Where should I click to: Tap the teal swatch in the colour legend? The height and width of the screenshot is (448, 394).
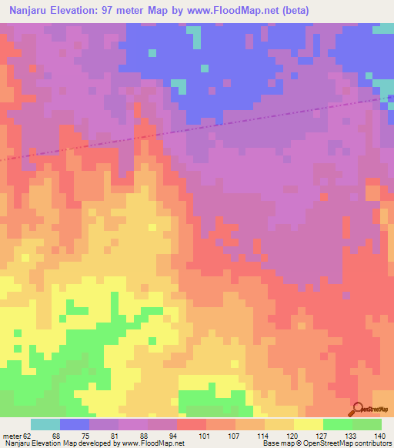click(x=45, y=424)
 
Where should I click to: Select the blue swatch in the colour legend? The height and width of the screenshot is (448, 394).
click(x=75, y=424)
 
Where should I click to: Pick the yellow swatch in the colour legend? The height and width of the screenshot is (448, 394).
click(x=309, y=424)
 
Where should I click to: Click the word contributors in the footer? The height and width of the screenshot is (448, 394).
click(x=372, y=444)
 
